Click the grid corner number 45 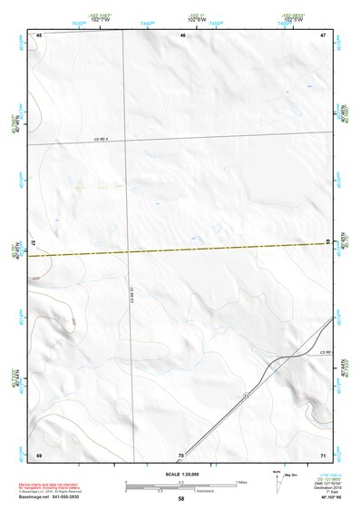coord(39,35)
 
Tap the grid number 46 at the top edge coord(182,35)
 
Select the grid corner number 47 coord(322,35)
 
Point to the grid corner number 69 coord(39,454)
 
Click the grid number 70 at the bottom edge coord(181,454)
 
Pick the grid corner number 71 coord(322,454)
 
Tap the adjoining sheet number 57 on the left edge coord(34,245)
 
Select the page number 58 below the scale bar coord(181,499)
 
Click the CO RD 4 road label coord(101,139)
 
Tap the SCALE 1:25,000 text coord(180,474)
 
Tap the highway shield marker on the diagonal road coord(246,395)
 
